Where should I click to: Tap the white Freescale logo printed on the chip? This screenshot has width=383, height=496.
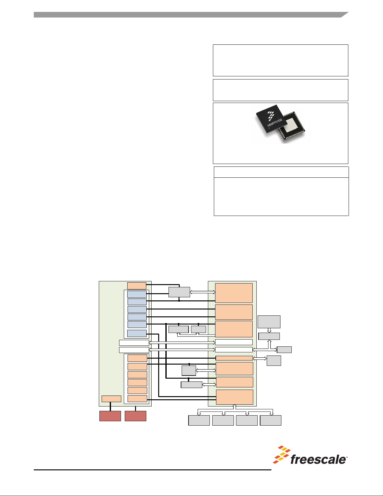[271, 116]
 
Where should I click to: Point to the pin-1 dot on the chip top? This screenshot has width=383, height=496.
[269, 129]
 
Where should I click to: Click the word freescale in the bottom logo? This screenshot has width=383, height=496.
[318, 459]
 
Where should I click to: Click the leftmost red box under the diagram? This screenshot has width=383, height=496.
[110, 416]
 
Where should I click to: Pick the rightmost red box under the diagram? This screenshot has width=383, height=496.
[135, 416]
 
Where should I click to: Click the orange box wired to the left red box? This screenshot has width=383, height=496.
[111, 399]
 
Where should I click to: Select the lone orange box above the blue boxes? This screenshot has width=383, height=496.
[137, 286]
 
